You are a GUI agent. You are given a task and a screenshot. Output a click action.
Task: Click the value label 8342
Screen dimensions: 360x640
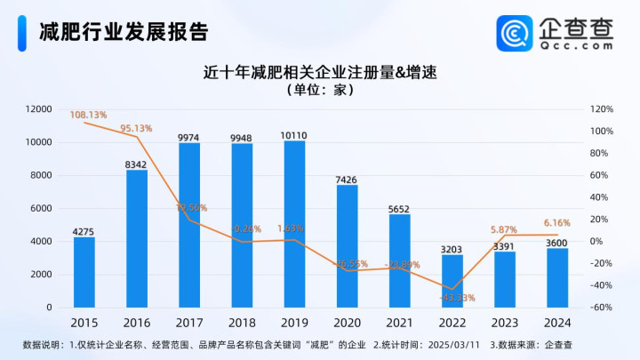pos(136,164)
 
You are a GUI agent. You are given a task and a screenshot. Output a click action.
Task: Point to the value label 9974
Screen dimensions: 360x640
pos(188,137)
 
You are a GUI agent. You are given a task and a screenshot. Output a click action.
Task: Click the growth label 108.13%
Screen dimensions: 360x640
pos(88,116)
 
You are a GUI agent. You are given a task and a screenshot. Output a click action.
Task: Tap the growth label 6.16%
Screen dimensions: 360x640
pos(556,223)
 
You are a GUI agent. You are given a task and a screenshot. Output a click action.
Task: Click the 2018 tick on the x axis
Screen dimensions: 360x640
pos(242,322)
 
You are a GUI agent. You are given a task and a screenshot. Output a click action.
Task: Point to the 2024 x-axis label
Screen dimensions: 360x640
pos(557,322)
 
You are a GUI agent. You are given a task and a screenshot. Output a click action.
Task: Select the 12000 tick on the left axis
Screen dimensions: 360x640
pos(38,109)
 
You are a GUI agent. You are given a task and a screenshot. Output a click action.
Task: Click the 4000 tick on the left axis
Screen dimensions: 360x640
pos(41,242)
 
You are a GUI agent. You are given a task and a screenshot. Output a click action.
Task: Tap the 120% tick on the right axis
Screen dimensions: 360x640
pos(602,109)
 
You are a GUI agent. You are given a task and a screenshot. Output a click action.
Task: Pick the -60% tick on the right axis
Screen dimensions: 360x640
pos(602,308)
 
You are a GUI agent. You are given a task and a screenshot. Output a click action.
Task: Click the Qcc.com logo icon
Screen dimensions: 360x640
pos(516,33)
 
